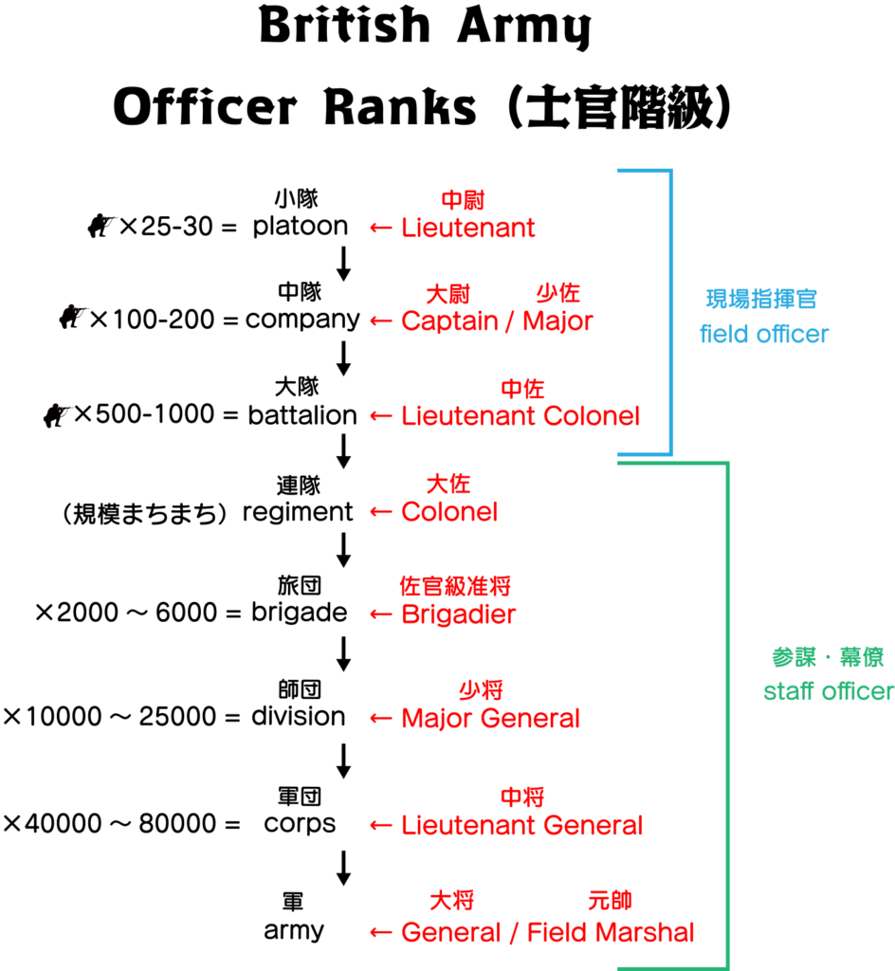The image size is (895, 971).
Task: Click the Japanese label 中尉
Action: (x=463, y=200)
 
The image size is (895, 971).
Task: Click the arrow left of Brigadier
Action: (x=381, y=614)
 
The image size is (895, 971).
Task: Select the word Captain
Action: (x=448, y=321)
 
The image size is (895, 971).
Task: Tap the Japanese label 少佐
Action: (x=557, y=293)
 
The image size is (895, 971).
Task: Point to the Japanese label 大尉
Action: (x=447, y=294)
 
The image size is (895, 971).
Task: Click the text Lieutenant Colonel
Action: (x=521, y=416)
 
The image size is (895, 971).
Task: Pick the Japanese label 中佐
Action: (x=522, y=389)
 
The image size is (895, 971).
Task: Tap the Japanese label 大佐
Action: (x=447, y=484)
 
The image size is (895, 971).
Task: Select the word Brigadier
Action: (x=459, y=614)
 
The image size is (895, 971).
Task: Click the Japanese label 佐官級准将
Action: (x=455, y=587)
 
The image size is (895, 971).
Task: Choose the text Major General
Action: (x=490, y=719)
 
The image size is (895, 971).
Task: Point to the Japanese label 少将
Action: (x=481, y=690)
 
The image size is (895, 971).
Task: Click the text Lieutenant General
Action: (x=521, y=826)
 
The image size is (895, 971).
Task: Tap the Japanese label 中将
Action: (x=522, y=797)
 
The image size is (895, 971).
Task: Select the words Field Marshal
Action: (x=611, y=932)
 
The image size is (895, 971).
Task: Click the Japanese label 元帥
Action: (x=610, y=901)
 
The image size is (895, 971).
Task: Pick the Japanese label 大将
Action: (x=451, y=901)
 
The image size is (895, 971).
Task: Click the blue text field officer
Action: (x=764, y=334)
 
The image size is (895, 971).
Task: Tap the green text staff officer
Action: (x=828, y=691)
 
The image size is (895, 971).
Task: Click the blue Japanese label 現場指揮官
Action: (x=761, y=300)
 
